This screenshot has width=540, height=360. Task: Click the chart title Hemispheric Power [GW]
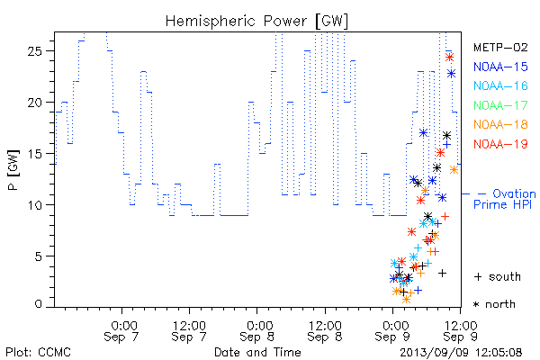(x=256, y=22)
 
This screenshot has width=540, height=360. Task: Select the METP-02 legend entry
(x=500, y=47)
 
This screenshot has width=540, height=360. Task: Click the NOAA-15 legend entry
(x=500, y=67)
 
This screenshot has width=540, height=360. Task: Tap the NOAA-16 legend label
(x=500, y=85)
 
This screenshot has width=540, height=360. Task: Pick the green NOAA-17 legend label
(x=500, y=105)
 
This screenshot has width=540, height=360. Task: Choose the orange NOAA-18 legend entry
(x=500, y=124)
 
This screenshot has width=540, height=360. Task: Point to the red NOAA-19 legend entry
(x=500, y=144)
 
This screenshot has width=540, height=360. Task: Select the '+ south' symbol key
(x=498, y=276)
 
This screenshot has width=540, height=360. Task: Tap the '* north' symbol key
(x=494, y=304)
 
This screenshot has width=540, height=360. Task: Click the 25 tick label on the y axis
(x=34, y=51)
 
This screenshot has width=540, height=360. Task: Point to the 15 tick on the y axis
(x=34, y=154)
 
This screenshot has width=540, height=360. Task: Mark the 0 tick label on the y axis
(x=38, y=304)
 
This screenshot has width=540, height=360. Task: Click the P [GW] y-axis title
(x=13, y=169)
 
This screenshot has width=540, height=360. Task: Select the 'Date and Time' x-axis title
(x=257, y=352)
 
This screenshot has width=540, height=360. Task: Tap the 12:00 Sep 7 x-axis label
(x=189, y=331)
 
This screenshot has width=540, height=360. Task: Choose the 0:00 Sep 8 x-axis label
(x=256, y=331)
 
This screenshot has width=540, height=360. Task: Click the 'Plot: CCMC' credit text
(x=38, y=352)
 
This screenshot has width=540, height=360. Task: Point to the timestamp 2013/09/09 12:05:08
(x=461, y=353)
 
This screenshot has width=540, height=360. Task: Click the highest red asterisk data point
(x=449, y=57)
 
